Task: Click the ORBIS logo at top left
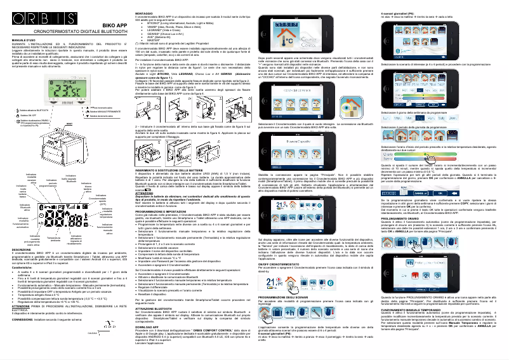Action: (x=32, y=13)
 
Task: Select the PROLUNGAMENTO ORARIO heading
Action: (x=406, y=217)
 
